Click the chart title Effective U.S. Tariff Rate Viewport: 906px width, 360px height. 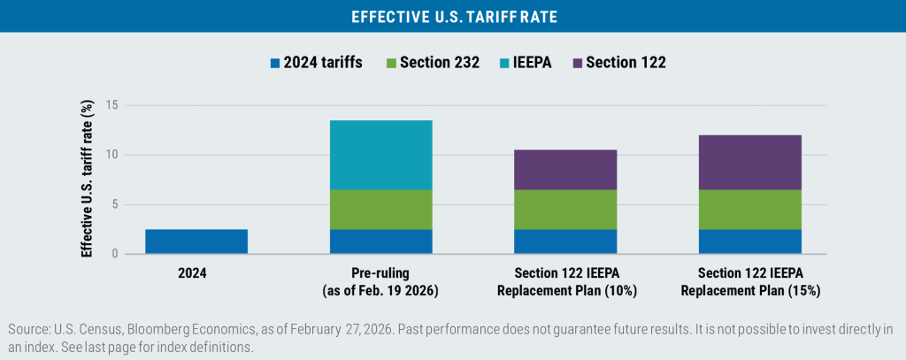click(x=452, y=16)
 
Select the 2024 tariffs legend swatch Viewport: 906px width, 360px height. click(x=276, y=62)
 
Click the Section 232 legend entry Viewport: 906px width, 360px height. click(x=434, y=62)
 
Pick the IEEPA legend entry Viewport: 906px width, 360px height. click(x=525, y=62)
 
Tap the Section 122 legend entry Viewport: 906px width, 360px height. click(x=620, y=62)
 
